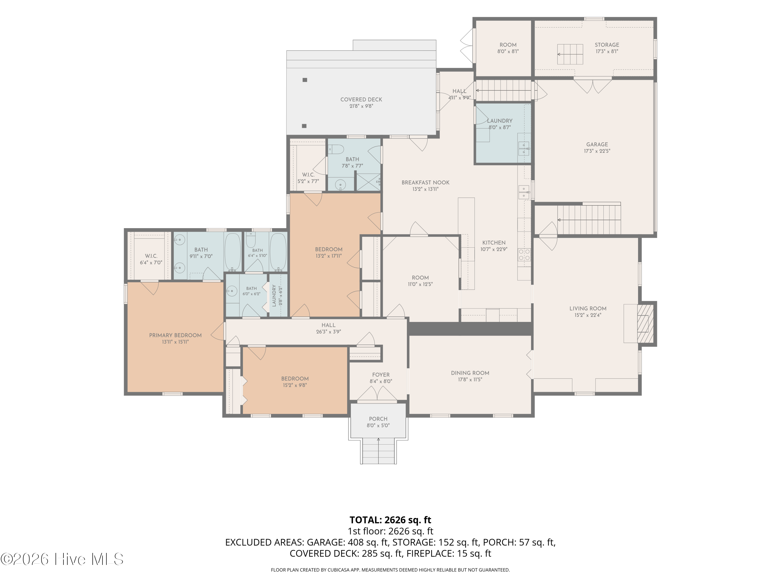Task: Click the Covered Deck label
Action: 361,99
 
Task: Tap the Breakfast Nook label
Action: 425,183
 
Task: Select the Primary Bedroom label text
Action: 175,335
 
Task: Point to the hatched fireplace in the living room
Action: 645,323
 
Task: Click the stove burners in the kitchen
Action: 524,255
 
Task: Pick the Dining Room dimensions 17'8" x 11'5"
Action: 470,379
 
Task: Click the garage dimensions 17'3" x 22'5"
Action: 597,151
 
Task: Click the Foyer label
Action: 381,375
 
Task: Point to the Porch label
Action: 378,419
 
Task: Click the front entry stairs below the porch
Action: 379,451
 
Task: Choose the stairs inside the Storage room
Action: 570,54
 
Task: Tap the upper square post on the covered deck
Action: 305,80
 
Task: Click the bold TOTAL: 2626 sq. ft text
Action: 390,520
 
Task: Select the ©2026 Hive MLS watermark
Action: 62,559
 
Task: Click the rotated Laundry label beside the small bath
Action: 274,295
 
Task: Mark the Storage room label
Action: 607,45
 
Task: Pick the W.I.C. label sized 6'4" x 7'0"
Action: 151,256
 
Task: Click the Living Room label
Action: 588,308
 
